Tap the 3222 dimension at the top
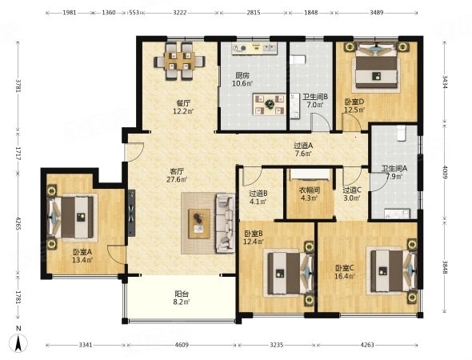[180, 13]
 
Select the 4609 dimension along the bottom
[182, 345]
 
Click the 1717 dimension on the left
[18, 154]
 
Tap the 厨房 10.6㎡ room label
[242, 80]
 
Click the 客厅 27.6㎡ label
[177, 176]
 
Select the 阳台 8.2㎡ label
[182, 298]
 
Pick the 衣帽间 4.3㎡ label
[309, 194]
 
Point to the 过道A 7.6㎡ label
[303, 150]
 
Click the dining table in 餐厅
[179, 62]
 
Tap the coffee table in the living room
[199, 224]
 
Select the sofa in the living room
[225, 224]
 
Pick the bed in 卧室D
[377, 69]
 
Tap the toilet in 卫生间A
[402, 134]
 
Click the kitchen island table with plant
[270, 104]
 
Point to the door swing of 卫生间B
[320, 122]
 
